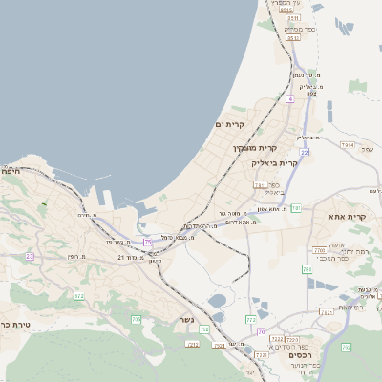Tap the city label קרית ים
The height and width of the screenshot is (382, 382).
point(230,124)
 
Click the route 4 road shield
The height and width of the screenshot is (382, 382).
point(289,98)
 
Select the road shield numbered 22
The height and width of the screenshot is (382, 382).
point(304,152)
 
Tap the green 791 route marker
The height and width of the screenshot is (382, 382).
point(296,208)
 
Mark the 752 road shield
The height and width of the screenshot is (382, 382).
point(204,329)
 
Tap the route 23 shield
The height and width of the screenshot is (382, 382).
point(29,256)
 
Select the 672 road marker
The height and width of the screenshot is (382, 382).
point(78,297)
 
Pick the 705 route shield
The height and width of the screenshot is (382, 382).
point(136,317)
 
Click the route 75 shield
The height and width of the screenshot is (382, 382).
point(147,243)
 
